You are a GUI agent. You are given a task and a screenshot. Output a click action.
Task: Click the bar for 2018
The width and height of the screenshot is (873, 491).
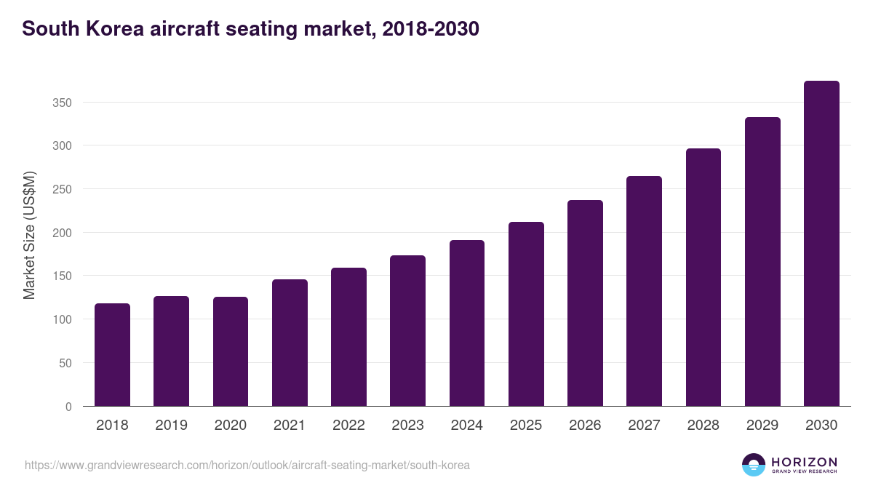(x=112, y=355)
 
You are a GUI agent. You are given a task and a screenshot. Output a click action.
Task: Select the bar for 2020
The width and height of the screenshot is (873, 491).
(x=231, y=351)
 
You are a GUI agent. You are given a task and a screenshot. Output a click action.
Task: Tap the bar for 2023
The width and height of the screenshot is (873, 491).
(x=407, y=331)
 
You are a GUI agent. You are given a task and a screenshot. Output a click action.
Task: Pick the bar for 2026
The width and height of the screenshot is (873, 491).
(x=585, y=303)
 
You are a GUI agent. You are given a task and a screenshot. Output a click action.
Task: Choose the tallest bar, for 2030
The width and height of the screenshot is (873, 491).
(x=821, y=244)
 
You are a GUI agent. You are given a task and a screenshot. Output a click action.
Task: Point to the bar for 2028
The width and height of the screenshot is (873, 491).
(x=703, y=277)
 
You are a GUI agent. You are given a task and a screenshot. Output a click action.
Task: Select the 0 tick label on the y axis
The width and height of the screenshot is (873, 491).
(x=68, y=407)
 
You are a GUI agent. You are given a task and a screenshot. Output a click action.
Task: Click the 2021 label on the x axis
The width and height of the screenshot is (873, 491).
(x=290, y=426)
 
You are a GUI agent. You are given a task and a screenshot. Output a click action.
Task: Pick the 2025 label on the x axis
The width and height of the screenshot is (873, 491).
(x=526, y=426)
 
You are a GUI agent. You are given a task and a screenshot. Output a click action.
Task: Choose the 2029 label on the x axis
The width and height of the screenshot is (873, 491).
(x=762, y=426)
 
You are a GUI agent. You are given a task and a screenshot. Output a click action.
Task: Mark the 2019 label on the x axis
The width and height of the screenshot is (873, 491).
(x=171, y=426)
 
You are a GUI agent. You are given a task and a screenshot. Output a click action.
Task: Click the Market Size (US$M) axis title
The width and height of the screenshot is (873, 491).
(x=29, y=235)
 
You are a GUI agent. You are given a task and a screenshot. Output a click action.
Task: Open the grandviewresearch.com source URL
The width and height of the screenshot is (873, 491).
(x=247, y=465)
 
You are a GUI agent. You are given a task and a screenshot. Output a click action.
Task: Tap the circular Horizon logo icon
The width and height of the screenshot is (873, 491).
(x=754, y=465)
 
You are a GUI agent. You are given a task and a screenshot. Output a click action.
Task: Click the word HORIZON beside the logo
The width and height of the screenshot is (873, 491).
(x=804, y=462)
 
